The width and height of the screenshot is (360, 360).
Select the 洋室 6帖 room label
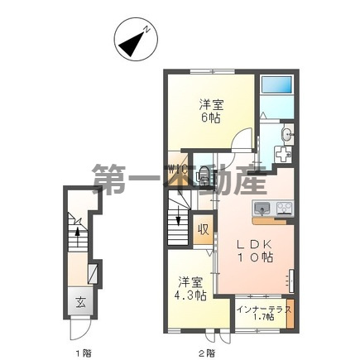coord(211,111)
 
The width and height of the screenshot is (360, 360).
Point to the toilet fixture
coord(202,174)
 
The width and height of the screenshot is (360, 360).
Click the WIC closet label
coord(176,172)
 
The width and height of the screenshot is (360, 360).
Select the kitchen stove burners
coord(283,207)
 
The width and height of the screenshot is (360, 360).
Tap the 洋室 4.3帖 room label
coord(190,289)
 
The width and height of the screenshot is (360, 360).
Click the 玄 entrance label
coord(80,301)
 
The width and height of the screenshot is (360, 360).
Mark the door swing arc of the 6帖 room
coord(241,142)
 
